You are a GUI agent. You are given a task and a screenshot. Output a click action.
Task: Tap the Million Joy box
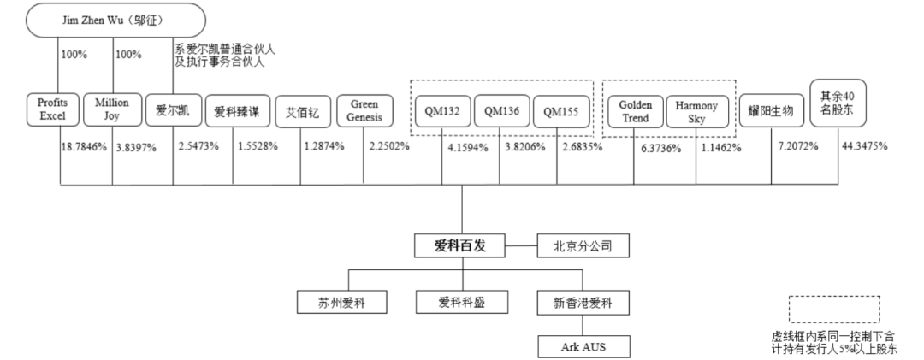click(112, 109)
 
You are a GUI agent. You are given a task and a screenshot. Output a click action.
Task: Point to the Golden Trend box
click(635, 111)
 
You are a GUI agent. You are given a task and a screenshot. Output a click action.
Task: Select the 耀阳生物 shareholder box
click(771, 111)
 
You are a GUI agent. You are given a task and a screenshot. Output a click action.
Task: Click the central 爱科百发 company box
click(461, 247)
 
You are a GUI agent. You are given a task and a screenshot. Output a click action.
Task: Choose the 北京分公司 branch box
click(583, 247)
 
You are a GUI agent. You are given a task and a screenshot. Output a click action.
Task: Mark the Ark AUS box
click(583, 346)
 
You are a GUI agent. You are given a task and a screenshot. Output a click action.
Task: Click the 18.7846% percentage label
click(83, 147)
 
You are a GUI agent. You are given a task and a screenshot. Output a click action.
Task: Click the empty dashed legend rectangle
click(833, 309)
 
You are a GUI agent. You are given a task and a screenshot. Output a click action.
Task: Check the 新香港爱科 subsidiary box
click(583, 302)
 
